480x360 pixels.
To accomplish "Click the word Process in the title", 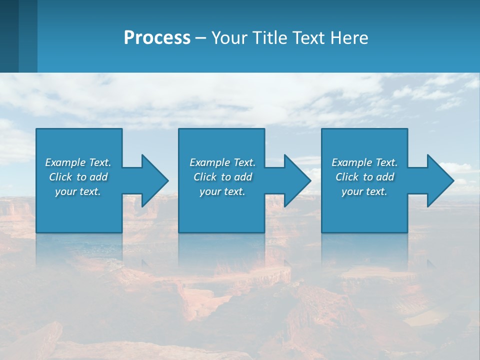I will pos(157,38).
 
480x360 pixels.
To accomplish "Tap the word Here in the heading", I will pos(349,38).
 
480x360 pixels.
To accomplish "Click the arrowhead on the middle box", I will pos(296,180).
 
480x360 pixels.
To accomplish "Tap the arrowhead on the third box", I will pos(439,180).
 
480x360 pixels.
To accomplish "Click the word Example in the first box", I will pos(65,162).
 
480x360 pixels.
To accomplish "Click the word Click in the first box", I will pos(60,177).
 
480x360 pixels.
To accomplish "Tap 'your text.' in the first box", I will pos(78,191).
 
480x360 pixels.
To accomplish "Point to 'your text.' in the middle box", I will pos(222,191).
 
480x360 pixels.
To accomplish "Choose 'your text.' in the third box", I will pos(364,191).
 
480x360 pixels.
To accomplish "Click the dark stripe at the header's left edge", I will pos(9,36).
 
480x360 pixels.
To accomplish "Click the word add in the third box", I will pos(385,177).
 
